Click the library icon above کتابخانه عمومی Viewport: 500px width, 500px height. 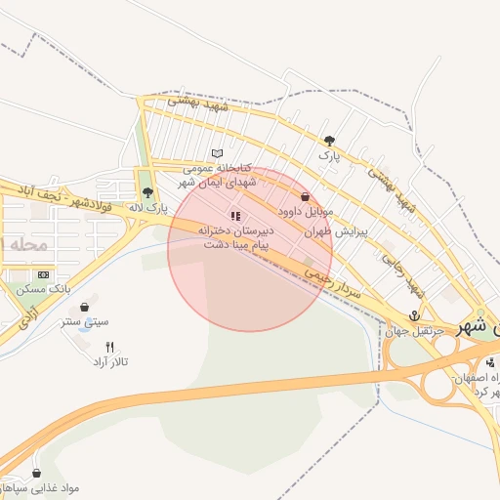pyautogui.click(x=218, y=153)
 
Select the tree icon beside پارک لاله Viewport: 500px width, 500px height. pyautogui.click(x=147, y=192)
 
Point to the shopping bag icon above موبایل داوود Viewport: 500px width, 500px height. pyautogui.click(x=306, y=196)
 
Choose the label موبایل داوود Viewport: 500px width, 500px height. pyautogui.click(x=306, y=211)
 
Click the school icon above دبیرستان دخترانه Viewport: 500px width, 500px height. pyautogui.click(x=234, y=216)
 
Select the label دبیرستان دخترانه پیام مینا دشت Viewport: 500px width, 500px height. pyautogui.click(x=235, y=237)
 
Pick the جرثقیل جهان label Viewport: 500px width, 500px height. pyautogui.click(x=414, y=331)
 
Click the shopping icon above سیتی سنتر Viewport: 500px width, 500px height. pyautogui.click(x=84, y=307)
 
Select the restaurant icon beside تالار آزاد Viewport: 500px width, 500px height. pyautogui.click(x=109, y=347)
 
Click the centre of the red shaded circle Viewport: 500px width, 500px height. pyautogui.click(x=250, y=249)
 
